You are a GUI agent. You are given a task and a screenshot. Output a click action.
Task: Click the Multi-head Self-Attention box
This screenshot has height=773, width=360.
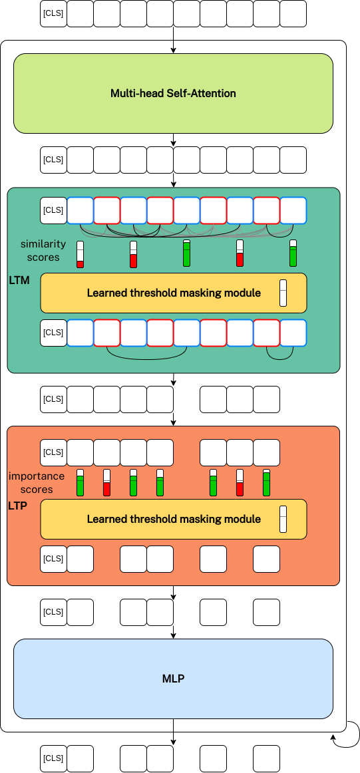[x=173, y=93]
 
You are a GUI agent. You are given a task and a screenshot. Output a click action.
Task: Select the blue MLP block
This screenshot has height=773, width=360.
[x=173, y=679]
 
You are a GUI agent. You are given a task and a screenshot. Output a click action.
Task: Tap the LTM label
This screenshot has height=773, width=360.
[x=19, y=281]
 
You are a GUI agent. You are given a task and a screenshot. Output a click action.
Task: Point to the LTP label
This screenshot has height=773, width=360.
[x=18, y=506]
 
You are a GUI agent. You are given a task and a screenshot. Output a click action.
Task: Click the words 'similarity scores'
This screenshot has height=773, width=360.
[x=43, y=250]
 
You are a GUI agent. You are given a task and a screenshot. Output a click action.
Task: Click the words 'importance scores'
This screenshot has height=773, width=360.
[x=37, y=483]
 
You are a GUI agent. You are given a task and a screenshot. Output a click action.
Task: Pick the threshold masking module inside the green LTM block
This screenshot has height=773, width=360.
[x=174, y=293]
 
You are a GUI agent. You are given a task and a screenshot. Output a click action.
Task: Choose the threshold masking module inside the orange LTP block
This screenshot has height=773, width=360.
[x=174, y=519]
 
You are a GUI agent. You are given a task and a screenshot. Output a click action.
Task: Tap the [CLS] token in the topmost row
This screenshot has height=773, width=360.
[x=53, y=13]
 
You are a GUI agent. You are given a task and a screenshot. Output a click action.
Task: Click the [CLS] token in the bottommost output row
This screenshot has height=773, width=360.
[x=53, y=758]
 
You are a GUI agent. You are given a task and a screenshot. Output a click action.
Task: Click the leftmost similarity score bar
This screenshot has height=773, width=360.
[x=80, y=254]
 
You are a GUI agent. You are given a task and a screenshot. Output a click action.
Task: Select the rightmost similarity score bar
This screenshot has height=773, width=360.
[x=293, y=253]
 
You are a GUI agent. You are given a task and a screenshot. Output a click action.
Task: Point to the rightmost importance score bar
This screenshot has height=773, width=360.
[x=266, y=483]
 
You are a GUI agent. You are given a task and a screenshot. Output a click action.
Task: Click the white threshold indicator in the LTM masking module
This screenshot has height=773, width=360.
[x=283, y=293]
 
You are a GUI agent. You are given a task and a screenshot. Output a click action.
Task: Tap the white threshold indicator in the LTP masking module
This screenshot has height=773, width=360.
[x=283, y=519]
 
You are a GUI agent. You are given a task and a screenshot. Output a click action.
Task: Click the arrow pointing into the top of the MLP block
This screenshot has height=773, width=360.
[x=173, y=632]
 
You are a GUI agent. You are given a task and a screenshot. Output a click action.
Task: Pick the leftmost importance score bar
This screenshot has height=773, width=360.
[x=80, y=483]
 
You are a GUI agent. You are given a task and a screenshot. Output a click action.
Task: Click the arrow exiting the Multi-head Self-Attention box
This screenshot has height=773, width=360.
[x=173, y=140]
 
